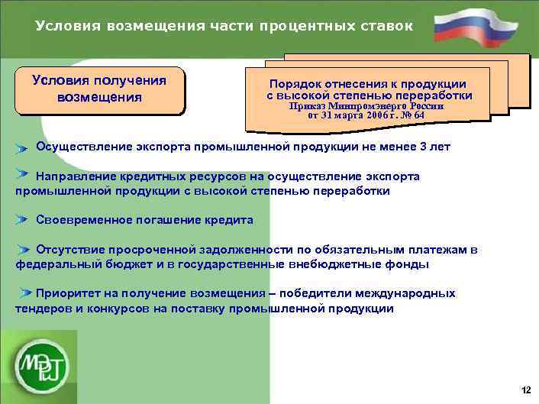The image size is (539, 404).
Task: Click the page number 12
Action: click(x=525, y=390)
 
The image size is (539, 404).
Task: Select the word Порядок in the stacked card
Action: click(x=293, y=84)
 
